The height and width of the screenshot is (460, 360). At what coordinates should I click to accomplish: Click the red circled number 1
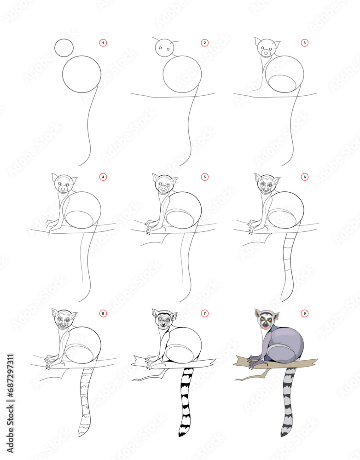pyautogui.click(x=103, y=43)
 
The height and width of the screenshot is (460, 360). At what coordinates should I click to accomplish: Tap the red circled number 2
pyautogui.click(x=205, y=43)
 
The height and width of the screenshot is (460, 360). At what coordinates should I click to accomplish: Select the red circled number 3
pyautogui.click(x=304, y=43)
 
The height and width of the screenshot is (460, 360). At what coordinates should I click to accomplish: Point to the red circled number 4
pyautogui.click(x=103, y=176)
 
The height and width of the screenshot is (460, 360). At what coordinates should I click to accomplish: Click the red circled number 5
pyautogui.click(x=205, y=176)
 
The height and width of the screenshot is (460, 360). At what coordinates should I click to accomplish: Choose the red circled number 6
pyautogui.click(x=304, y=176)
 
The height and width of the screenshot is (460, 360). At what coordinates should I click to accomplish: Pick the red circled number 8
pyautogui.click(x=103, y=313)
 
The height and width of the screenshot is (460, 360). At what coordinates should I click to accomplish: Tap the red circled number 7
pyautogui.click(x=205, y=313)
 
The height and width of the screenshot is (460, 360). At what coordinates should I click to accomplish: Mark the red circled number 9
pyautogui.click(x=304, y=313)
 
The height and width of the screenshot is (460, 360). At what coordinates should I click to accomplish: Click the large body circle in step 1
pyautogui.click(x=81, y=75)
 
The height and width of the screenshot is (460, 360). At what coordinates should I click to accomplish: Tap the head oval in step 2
pyautogui.click(x=164, y=48)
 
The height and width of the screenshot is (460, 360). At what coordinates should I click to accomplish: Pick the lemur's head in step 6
pyautogui.click(x=266, y=185)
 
